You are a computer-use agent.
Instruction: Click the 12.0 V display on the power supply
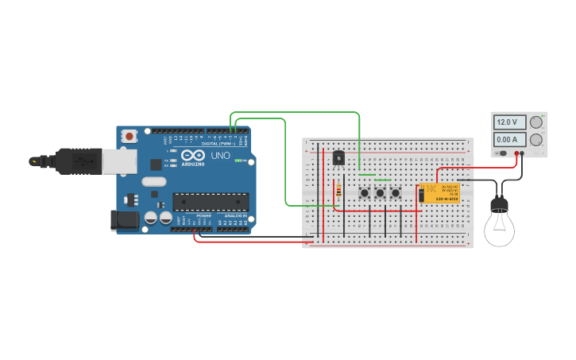(x=509, y=122)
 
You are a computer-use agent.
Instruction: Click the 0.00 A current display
(x=509, y=139)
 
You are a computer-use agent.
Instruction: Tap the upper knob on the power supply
(x=536, y=122)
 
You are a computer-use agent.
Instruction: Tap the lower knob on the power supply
(x=536, y=140)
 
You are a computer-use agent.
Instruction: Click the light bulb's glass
(x=499, y=229)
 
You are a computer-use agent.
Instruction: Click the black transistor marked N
(x=338, y=158)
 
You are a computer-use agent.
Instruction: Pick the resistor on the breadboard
(x=339, y=191)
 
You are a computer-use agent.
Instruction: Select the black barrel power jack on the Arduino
(x=123, y=219)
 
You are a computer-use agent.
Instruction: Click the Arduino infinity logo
(x=191, y=156)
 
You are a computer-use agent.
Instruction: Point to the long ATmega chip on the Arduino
(x=211, y=202)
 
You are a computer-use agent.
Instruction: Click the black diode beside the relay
(x=421, y=195)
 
